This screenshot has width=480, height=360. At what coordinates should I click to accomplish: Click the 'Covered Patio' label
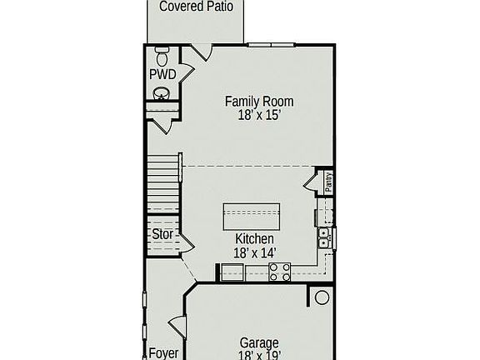[196, 7]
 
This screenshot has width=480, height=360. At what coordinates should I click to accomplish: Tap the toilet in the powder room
[162, 57]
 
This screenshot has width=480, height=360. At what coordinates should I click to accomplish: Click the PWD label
[162, 75]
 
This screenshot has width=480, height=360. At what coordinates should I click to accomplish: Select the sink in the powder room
[162, 93]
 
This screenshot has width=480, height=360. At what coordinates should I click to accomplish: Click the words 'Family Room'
[259, 102]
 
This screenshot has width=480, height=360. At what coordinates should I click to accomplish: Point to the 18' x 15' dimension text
[259, 116]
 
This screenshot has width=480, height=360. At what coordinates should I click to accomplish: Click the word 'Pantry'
[328, 182]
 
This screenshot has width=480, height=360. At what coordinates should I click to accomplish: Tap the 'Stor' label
[162, 235]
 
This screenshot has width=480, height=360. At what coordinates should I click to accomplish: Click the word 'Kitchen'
[254, 239]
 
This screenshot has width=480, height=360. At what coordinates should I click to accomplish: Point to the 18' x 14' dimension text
[254, 252]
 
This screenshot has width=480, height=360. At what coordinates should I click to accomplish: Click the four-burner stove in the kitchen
[280, 271]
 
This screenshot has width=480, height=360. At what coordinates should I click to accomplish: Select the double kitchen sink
[324, 237]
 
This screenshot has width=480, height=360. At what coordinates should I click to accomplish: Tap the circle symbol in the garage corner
[322, 297]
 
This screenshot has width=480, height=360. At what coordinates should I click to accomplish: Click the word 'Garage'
[259, 342]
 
